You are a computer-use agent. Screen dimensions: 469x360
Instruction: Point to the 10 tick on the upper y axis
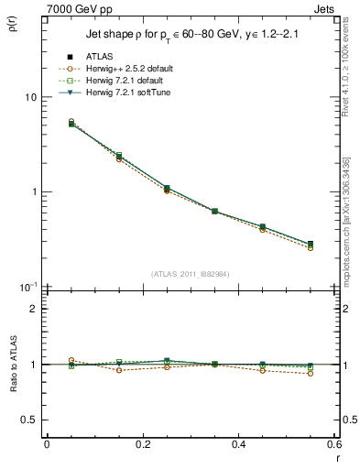pyautogui.click(x=30, y=97)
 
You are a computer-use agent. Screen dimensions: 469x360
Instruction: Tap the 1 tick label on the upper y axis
pyautogui.click(x=34, y=192)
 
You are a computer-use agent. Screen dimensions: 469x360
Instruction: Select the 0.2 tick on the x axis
pyautogui.click(x=142, y=444)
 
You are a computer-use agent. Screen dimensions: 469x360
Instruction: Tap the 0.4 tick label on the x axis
pyautogui.click(x=238, y=444)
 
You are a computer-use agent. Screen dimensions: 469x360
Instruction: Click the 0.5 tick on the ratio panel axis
pyautogui.click(x=30, y=420)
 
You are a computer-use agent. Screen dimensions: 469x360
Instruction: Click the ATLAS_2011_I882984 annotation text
pyautogui.click(x=191, y=274)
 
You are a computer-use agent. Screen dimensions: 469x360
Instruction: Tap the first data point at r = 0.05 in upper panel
pyautogui.click(x=46, y=123)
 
